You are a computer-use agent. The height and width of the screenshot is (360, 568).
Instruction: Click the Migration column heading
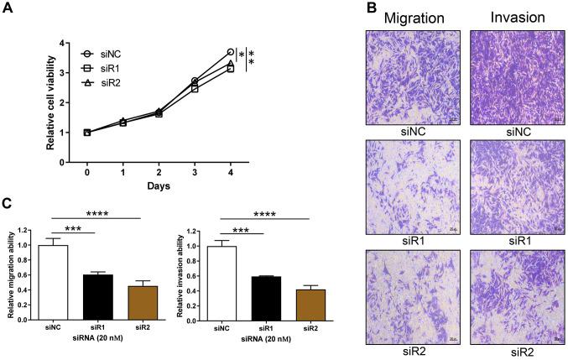[409, 17]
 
